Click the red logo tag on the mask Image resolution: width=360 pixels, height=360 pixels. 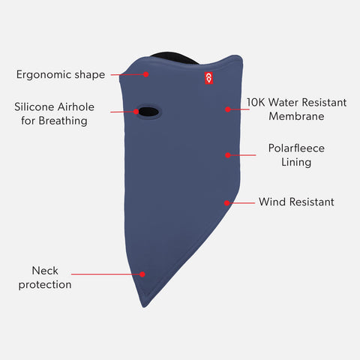coord(208,78)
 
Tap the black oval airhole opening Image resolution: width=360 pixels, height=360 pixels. coord(148,112)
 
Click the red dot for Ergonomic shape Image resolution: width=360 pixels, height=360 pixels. coord(146,74)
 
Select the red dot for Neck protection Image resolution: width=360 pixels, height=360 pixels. coord(142,274)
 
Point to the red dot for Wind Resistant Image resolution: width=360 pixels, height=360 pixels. coord(226,203)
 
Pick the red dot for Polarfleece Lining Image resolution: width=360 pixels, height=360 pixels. coord(228,155)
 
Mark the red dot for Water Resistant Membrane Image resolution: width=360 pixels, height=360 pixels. coord(228,109)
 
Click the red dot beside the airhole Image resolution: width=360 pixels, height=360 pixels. coord(136,112)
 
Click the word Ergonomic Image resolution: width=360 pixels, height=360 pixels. coord(44,75)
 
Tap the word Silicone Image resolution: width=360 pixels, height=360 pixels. coord(34,107)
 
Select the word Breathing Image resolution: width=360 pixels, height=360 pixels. coord(63,121)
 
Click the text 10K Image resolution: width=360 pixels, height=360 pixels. coord(256,103)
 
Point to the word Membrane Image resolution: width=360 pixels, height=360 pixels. coord(296,116)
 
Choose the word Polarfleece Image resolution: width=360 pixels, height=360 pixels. coord(296,148)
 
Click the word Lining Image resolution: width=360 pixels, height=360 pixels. coord(296,162)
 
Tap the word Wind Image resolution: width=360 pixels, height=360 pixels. coord(272,202)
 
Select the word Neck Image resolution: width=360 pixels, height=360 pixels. coord(45,271)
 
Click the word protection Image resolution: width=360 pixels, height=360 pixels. coord(45,285)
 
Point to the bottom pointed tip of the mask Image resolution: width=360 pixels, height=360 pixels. coord(144,307)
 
